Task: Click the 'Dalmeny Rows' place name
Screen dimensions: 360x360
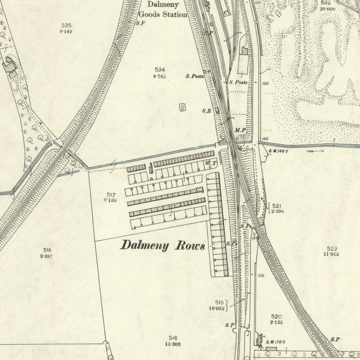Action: (162, 246)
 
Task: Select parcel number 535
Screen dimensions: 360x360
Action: (66, 25)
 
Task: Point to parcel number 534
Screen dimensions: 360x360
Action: (160, 70)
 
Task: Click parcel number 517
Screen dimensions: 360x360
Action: (111, 194)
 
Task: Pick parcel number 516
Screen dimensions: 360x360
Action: (48, 250)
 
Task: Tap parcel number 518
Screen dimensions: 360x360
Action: (173, 338)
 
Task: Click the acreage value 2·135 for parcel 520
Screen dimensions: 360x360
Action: (276, 322)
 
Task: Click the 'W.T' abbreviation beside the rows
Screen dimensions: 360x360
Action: (210, 162)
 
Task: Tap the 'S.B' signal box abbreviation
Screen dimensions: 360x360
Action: (207, 111)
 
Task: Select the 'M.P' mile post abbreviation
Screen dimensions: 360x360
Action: (240, 130)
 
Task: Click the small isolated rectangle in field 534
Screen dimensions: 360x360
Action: (183, 107)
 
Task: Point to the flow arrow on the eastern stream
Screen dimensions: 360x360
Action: (315, 152)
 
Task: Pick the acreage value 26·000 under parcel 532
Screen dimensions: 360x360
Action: (327, 9)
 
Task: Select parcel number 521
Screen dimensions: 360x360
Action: (276, 206)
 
